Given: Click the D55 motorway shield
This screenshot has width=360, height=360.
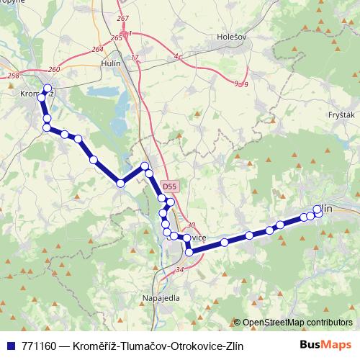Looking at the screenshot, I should [168, 186].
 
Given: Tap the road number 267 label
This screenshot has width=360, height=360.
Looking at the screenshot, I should [122, 18].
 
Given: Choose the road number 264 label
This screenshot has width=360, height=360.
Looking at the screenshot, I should [97, 49].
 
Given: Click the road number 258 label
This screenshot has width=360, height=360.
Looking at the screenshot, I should [12, 75].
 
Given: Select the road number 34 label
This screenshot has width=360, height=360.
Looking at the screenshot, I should [179, 270].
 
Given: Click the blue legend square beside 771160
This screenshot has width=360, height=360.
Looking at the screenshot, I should [9, 346].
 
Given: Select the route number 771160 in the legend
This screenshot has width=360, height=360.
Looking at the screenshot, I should [39, 346].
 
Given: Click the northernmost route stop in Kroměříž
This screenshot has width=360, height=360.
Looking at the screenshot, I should [48, 89].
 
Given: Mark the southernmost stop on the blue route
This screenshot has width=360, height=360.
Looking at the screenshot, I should [189, 252].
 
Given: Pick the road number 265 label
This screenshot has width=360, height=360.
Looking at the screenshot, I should [117, 37].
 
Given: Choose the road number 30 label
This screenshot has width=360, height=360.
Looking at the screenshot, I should [191, 225].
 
